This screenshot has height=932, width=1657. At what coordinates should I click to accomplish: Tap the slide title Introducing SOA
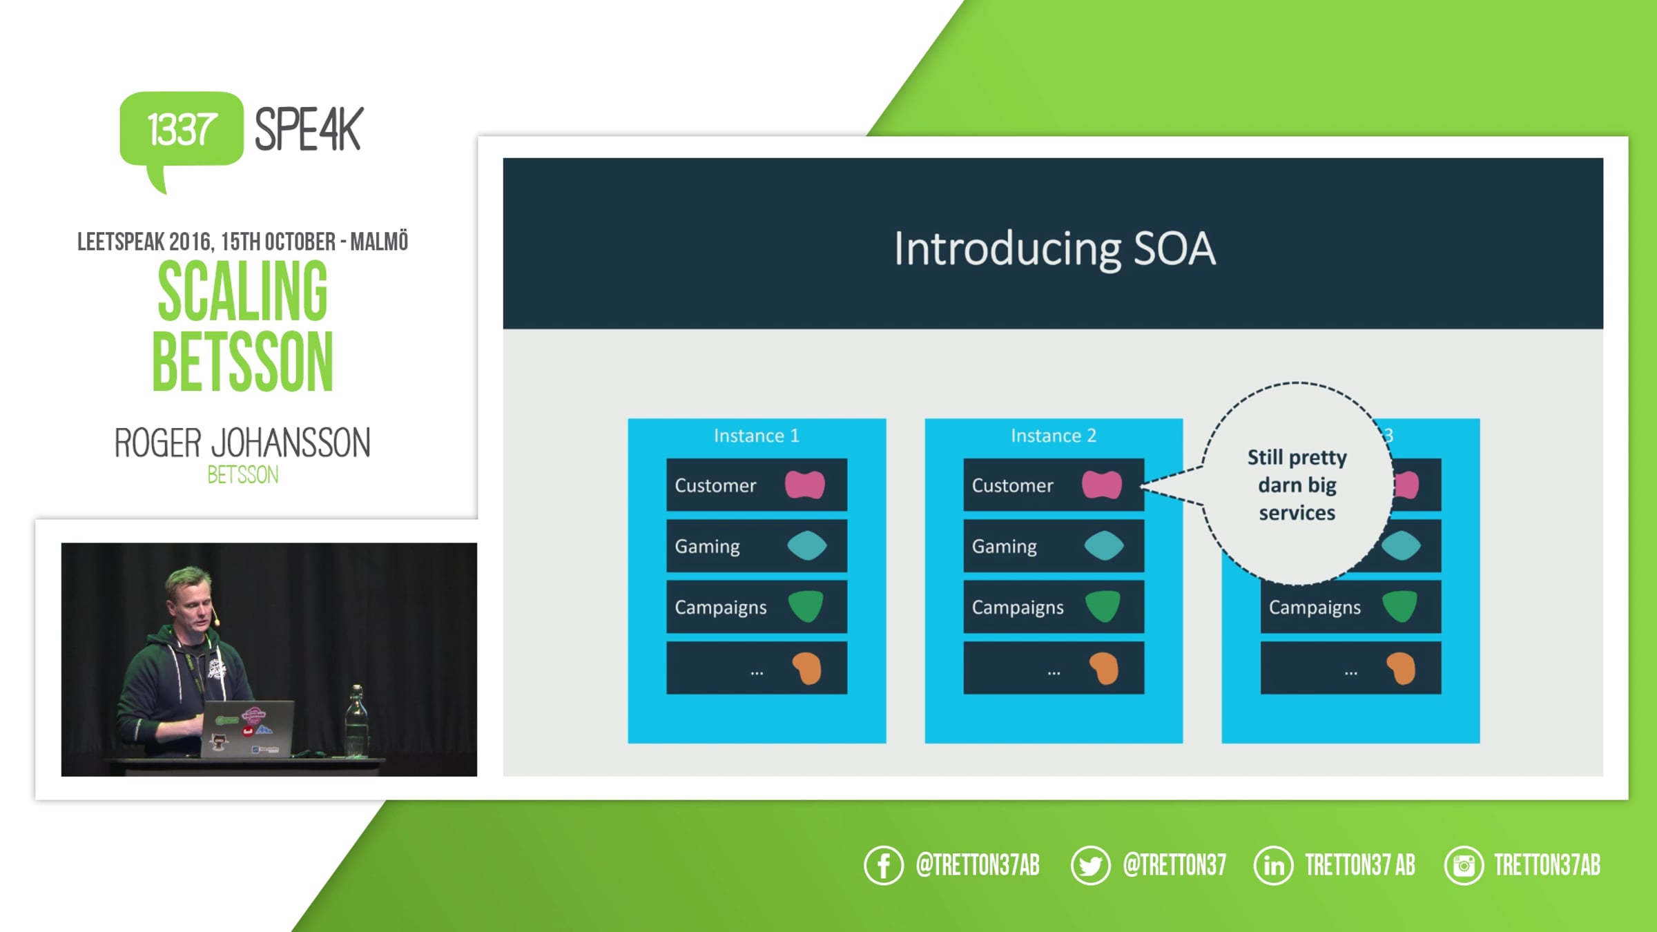(x=1054, y=249)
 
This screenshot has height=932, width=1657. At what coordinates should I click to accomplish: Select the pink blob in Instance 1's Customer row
(x=805, y=485)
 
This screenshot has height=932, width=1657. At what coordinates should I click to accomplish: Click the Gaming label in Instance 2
(x=1005, y=547)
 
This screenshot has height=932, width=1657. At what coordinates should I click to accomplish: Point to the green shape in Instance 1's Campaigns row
(x=806, y=606)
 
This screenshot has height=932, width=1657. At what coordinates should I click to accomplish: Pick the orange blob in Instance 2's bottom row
(x=1103, y=668)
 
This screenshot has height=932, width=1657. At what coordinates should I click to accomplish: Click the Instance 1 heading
(x=757, y=436)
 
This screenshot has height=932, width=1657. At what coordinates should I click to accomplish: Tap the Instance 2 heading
(x=1054, y=436)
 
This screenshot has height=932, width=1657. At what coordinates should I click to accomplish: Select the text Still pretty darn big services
(x=1297, y=485)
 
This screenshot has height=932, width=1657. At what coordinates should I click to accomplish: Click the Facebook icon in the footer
(x=884, y=865)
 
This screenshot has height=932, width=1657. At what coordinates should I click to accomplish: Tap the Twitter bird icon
(x=1091, y=865)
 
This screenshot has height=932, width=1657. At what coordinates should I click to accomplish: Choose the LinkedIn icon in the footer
(x=1274, y=865)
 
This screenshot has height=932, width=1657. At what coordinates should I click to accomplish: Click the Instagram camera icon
(x=1464, y=865)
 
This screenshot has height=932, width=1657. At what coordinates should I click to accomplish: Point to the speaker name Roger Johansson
(x=242, y=443)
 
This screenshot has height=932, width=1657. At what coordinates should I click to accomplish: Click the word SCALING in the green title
(x=243, y=291)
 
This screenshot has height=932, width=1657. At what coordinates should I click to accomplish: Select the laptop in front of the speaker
(x=249, y=729)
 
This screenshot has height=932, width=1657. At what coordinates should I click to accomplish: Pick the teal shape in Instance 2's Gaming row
(x=1104, y=545)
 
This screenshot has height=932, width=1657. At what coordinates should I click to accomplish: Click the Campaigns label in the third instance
(x=1315, y=608)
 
